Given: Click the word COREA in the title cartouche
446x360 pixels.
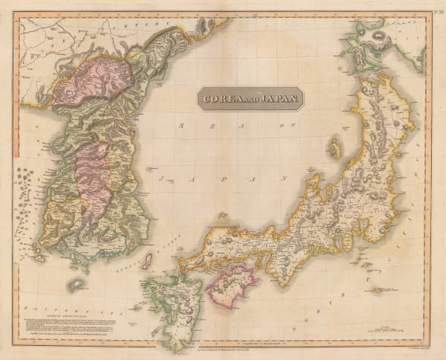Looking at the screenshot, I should click(219, 98).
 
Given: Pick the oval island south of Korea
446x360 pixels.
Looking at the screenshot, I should click(76, 285).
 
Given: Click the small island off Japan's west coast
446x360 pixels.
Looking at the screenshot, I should click(334, 148).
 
